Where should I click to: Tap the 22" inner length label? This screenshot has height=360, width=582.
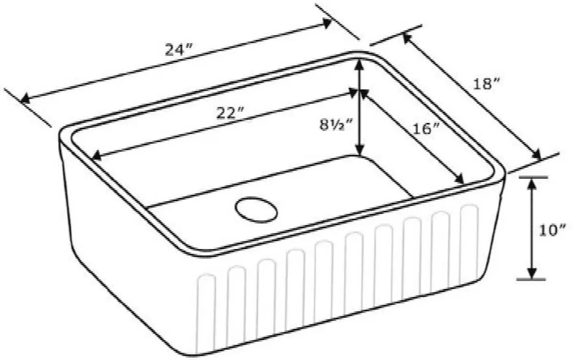click(230, 113)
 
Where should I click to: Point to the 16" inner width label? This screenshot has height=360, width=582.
click(426, 128)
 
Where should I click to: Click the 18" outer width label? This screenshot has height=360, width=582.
click(486, 84)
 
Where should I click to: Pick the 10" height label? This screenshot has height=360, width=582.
click(552, 230)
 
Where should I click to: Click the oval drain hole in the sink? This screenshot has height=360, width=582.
click(256, 210)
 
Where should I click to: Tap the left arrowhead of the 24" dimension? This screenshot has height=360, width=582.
click(25, 99)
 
